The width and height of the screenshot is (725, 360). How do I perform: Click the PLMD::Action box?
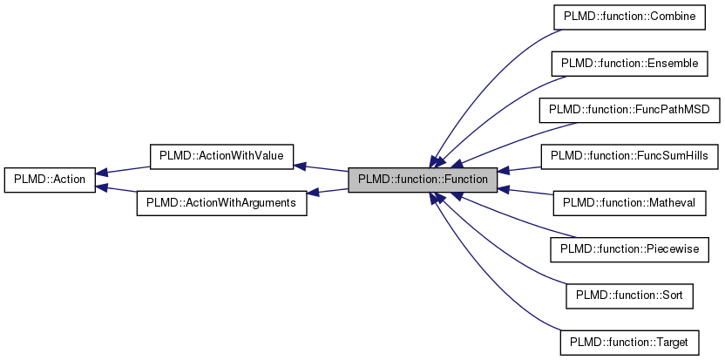[x=50, y=180]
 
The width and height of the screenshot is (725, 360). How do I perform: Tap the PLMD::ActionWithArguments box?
[x=221, y=203]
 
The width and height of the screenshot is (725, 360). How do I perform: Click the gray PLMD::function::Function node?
[x=423, y=180]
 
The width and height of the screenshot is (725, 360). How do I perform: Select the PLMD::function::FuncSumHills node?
[x=628, y=156]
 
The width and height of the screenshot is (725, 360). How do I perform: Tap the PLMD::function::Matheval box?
[x=628, y=203]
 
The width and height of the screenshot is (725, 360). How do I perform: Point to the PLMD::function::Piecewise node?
[x=628, y=249]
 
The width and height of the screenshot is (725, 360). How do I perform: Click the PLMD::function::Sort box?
[x=628, y=295]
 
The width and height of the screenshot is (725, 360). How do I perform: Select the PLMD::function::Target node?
[x=628, y=343]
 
